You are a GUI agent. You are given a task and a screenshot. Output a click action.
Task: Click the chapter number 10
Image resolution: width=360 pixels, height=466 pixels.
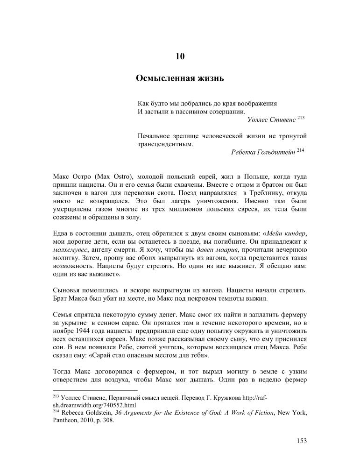180,57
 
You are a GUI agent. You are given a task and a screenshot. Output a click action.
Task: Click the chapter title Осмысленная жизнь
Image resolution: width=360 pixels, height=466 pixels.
180,78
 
